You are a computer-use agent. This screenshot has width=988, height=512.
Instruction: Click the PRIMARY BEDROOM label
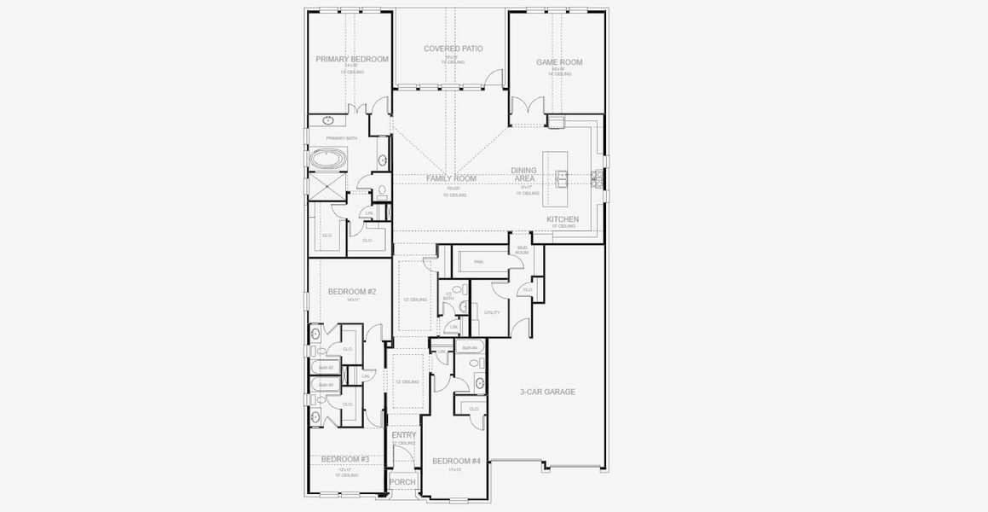click(x=352, y=60)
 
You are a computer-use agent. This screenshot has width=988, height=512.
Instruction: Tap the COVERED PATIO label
click(x=453, y=49)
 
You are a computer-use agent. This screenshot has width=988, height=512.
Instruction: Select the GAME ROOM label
click(x=558, y=62)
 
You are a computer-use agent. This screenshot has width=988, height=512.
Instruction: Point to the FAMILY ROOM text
click(x=451, y=178)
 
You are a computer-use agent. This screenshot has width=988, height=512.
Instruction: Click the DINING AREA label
click(x=523, y=175)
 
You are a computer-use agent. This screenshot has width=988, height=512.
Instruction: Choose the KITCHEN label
click(x=563, y=219)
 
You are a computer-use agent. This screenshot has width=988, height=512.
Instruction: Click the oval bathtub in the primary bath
click(x=328, y=159)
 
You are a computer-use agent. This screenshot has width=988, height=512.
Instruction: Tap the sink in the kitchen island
click(x=563, y=177)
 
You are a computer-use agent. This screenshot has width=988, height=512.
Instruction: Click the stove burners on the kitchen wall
click(x=598, y=177)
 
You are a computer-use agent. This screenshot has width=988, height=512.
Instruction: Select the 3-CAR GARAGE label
click(x=547, y=393)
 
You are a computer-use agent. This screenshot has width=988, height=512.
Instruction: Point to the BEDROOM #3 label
click(x=345, y=459)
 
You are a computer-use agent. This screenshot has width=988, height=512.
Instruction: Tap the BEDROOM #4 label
click(x=456, y=462)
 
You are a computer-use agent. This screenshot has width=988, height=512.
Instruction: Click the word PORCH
click(x=402, y=482)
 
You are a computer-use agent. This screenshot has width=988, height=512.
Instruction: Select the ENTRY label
click(x=404, y=435)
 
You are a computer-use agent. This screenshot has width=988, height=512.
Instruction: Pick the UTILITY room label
click(x=492, y=313)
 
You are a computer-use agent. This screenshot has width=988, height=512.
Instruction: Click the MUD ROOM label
click(x=522, y=250)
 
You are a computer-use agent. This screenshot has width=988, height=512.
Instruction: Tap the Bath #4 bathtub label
click(x=470, y=348)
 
